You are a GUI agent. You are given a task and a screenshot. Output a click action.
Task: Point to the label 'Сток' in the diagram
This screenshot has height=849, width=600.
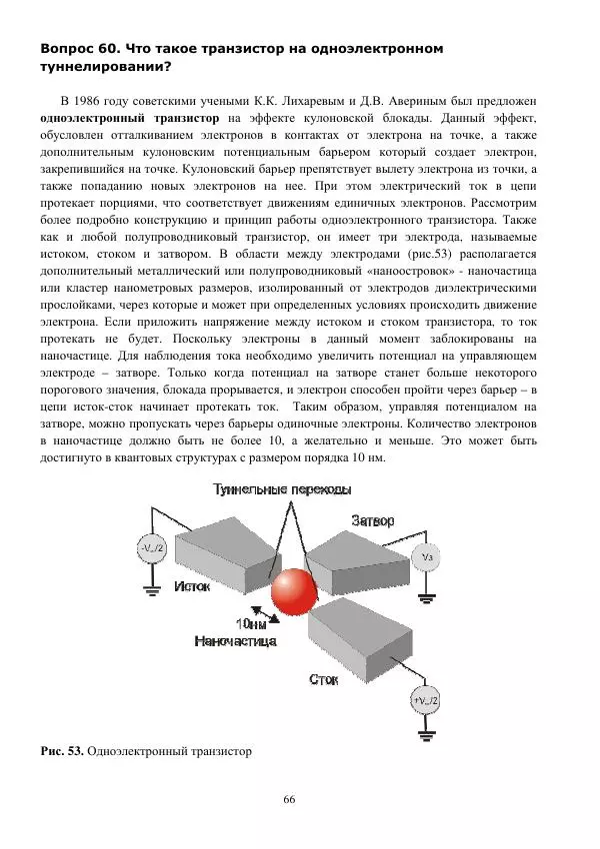point(323,679)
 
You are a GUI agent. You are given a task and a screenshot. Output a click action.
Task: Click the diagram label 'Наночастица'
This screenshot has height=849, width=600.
point(233,640)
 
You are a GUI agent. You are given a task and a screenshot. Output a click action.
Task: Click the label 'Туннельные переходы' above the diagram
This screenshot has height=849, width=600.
point(281,489)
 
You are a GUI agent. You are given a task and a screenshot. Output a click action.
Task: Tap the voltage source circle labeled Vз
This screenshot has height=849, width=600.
point(426,556)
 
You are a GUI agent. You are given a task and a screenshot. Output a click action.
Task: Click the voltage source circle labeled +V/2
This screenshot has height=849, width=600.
point(425,700)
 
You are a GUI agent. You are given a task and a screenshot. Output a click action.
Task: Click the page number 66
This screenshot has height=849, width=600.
point(290,799)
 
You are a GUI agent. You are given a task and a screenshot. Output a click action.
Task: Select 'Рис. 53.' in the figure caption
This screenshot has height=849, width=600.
point(61,749)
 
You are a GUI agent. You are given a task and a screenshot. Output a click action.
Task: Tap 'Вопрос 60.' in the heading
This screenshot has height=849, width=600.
point(79,48)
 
